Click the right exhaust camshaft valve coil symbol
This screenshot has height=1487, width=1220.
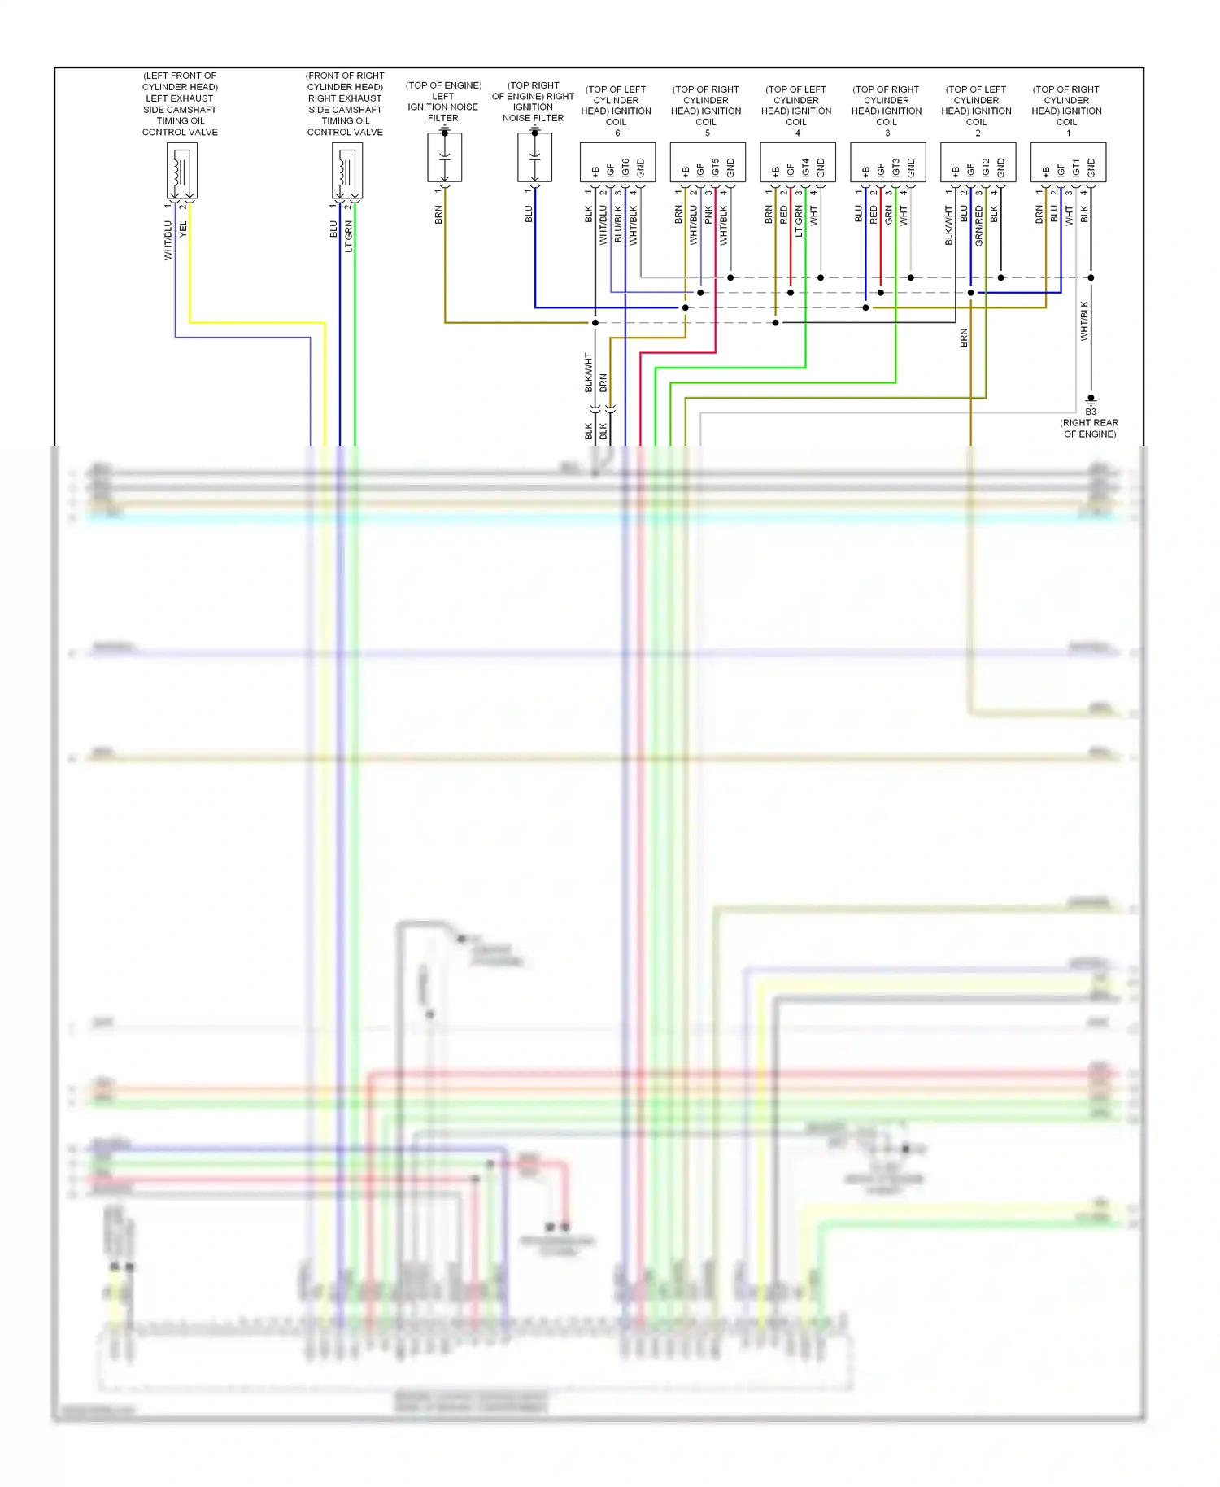(x=346, y=171)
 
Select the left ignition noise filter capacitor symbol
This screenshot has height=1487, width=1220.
(x=444, y=156)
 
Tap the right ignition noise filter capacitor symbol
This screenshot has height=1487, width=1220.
(x=534, y=156)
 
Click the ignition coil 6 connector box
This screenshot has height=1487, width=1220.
(x=617, y=162)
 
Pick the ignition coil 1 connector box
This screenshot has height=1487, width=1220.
(x=1068, y=162)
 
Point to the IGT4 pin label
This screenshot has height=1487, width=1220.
(x=805, y=168)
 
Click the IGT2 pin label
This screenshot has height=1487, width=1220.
(x=986, y=168)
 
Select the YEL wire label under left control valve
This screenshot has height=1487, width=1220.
(x=183, y=229)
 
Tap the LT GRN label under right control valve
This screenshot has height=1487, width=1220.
(x=349, y=236)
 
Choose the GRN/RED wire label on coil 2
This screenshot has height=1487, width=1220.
(x=978, y=225)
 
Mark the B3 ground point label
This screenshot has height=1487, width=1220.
(x=1091, y=412)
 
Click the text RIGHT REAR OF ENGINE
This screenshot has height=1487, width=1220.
(x=1089, y=429)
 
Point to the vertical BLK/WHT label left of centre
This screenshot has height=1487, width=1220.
(x=588, y=372)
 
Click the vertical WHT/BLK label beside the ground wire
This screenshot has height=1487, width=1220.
(x=1083, y=321)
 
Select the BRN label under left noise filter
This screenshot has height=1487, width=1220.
(x=438, y=215)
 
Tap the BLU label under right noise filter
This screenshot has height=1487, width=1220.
(x=529, y=214)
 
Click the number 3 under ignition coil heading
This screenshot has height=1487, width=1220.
(x=887, y=133)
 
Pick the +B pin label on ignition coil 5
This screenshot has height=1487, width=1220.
(x=686, y=171)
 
